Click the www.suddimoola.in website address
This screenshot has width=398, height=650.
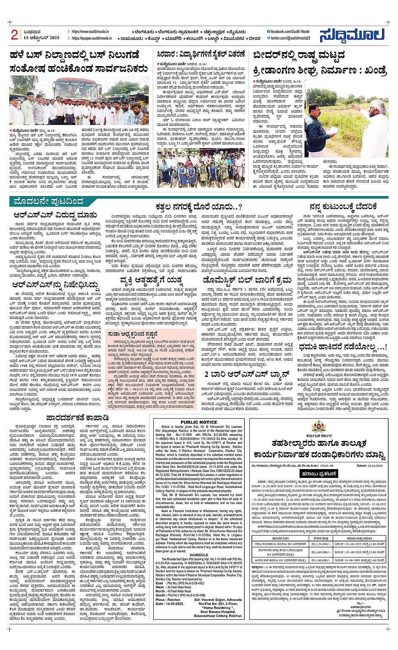click(x=90, y=32)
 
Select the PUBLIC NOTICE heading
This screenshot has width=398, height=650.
click(x=199, y=422)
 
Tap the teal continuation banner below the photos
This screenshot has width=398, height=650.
click(x=48, y=202)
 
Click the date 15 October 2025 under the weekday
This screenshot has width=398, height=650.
click(x=42, y=38)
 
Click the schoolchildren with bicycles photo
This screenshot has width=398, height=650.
click(x=200, y=167)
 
